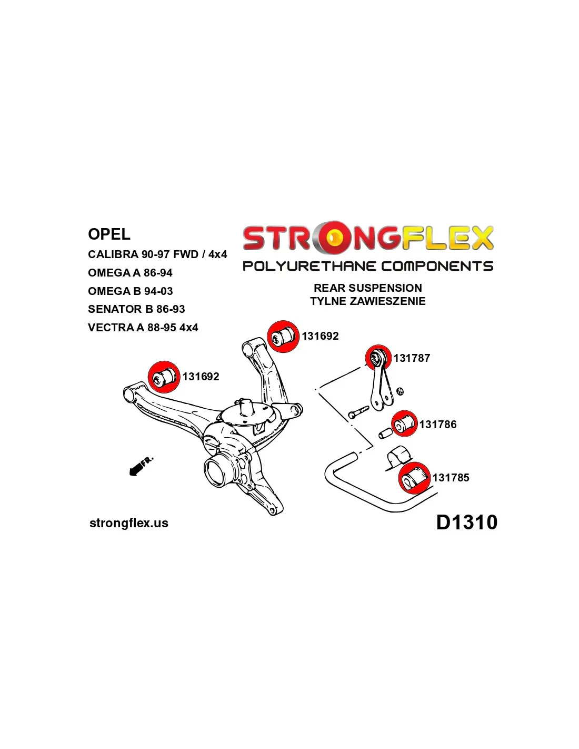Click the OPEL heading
pos(109,234)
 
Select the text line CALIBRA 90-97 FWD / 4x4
pos(157,254)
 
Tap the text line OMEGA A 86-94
pos(130,273)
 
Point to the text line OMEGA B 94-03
pos(130,291)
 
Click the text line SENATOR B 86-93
pos(136,309)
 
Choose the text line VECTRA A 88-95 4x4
pos(143,328)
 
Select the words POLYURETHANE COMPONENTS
pos(367,267)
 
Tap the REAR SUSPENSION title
pos(367,288)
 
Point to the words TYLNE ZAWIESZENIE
pos(367,301)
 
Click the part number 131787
pos(412,358)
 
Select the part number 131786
pos(438,425)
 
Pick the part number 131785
pos(451,478)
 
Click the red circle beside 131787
pos(378,358)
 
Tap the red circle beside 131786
pos(404,423)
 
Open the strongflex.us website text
pos(129,523)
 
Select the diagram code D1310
pos(466,523)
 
